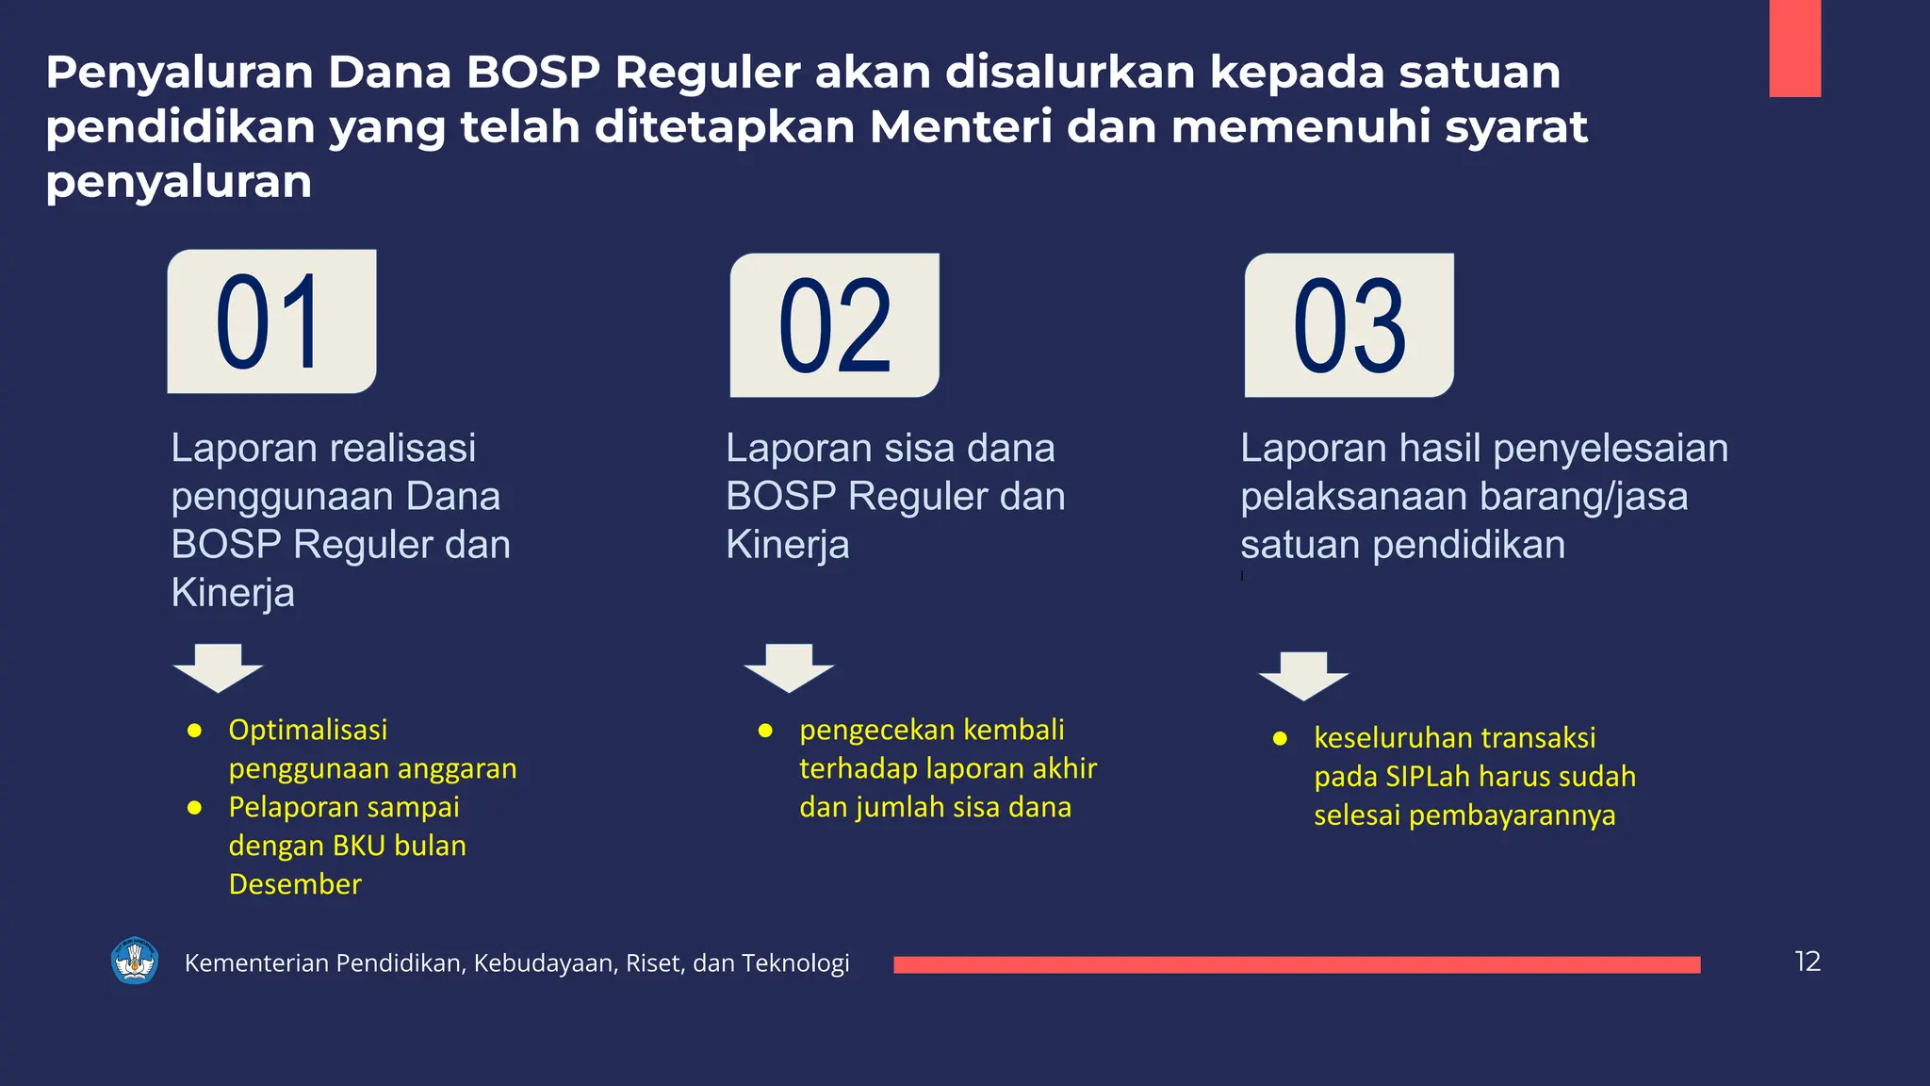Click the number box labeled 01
[271, 321]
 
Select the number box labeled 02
[835, 325]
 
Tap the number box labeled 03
[1349, 325]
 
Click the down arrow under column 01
[219, 667]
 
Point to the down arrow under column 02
[789, 667]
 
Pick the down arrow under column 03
[1304, 675]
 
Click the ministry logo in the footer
[135, 961]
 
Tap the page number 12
[1807, 962]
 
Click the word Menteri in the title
[960, 127]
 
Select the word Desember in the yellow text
[295, 884]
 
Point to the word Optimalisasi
[308, 730]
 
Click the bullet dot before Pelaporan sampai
[195, 808]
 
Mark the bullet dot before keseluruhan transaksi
[1280, 739]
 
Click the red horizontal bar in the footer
[1297, 964]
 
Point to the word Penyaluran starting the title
[179, 73]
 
